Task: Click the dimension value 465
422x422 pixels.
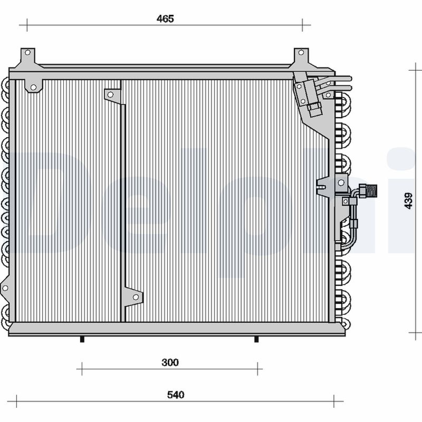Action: coord(165,19)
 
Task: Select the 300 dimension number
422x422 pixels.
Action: coord(170,362)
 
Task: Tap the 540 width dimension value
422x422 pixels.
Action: coord(175,395)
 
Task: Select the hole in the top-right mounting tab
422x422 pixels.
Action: coord(301,53)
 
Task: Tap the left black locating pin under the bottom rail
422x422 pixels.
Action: coord(82,339)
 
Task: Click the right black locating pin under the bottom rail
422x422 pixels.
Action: coord(256,339)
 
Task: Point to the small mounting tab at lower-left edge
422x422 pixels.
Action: coord(6,287)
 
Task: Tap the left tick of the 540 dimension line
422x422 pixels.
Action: coord(16,400)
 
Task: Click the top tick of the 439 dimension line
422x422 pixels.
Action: coord(415,69)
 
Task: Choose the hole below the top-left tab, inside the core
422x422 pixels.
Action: coord(33,87)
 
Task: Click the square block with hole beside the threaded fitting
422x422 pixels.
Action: coord(346,201)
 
